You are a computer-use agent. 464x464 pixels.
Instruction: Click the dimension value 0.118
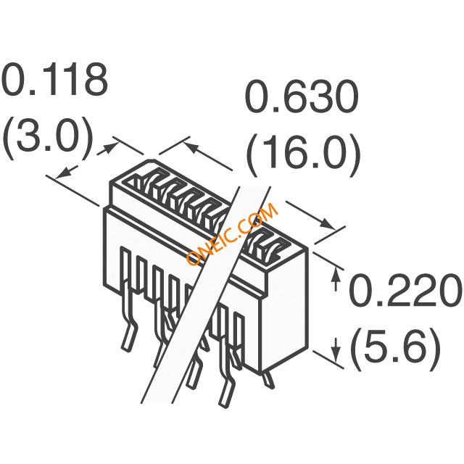[55, 81]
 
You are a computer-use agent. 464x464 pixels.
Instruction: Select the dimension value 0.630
[300, 99]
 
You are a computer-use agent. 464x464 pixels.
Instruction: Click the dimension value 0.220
[405, 294]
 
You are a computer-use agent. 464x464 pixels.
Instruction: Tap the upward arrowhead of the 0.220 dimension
[336, 273]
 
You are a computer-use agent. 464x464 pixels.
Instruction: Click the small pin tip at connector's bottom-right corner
[269, 377]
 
